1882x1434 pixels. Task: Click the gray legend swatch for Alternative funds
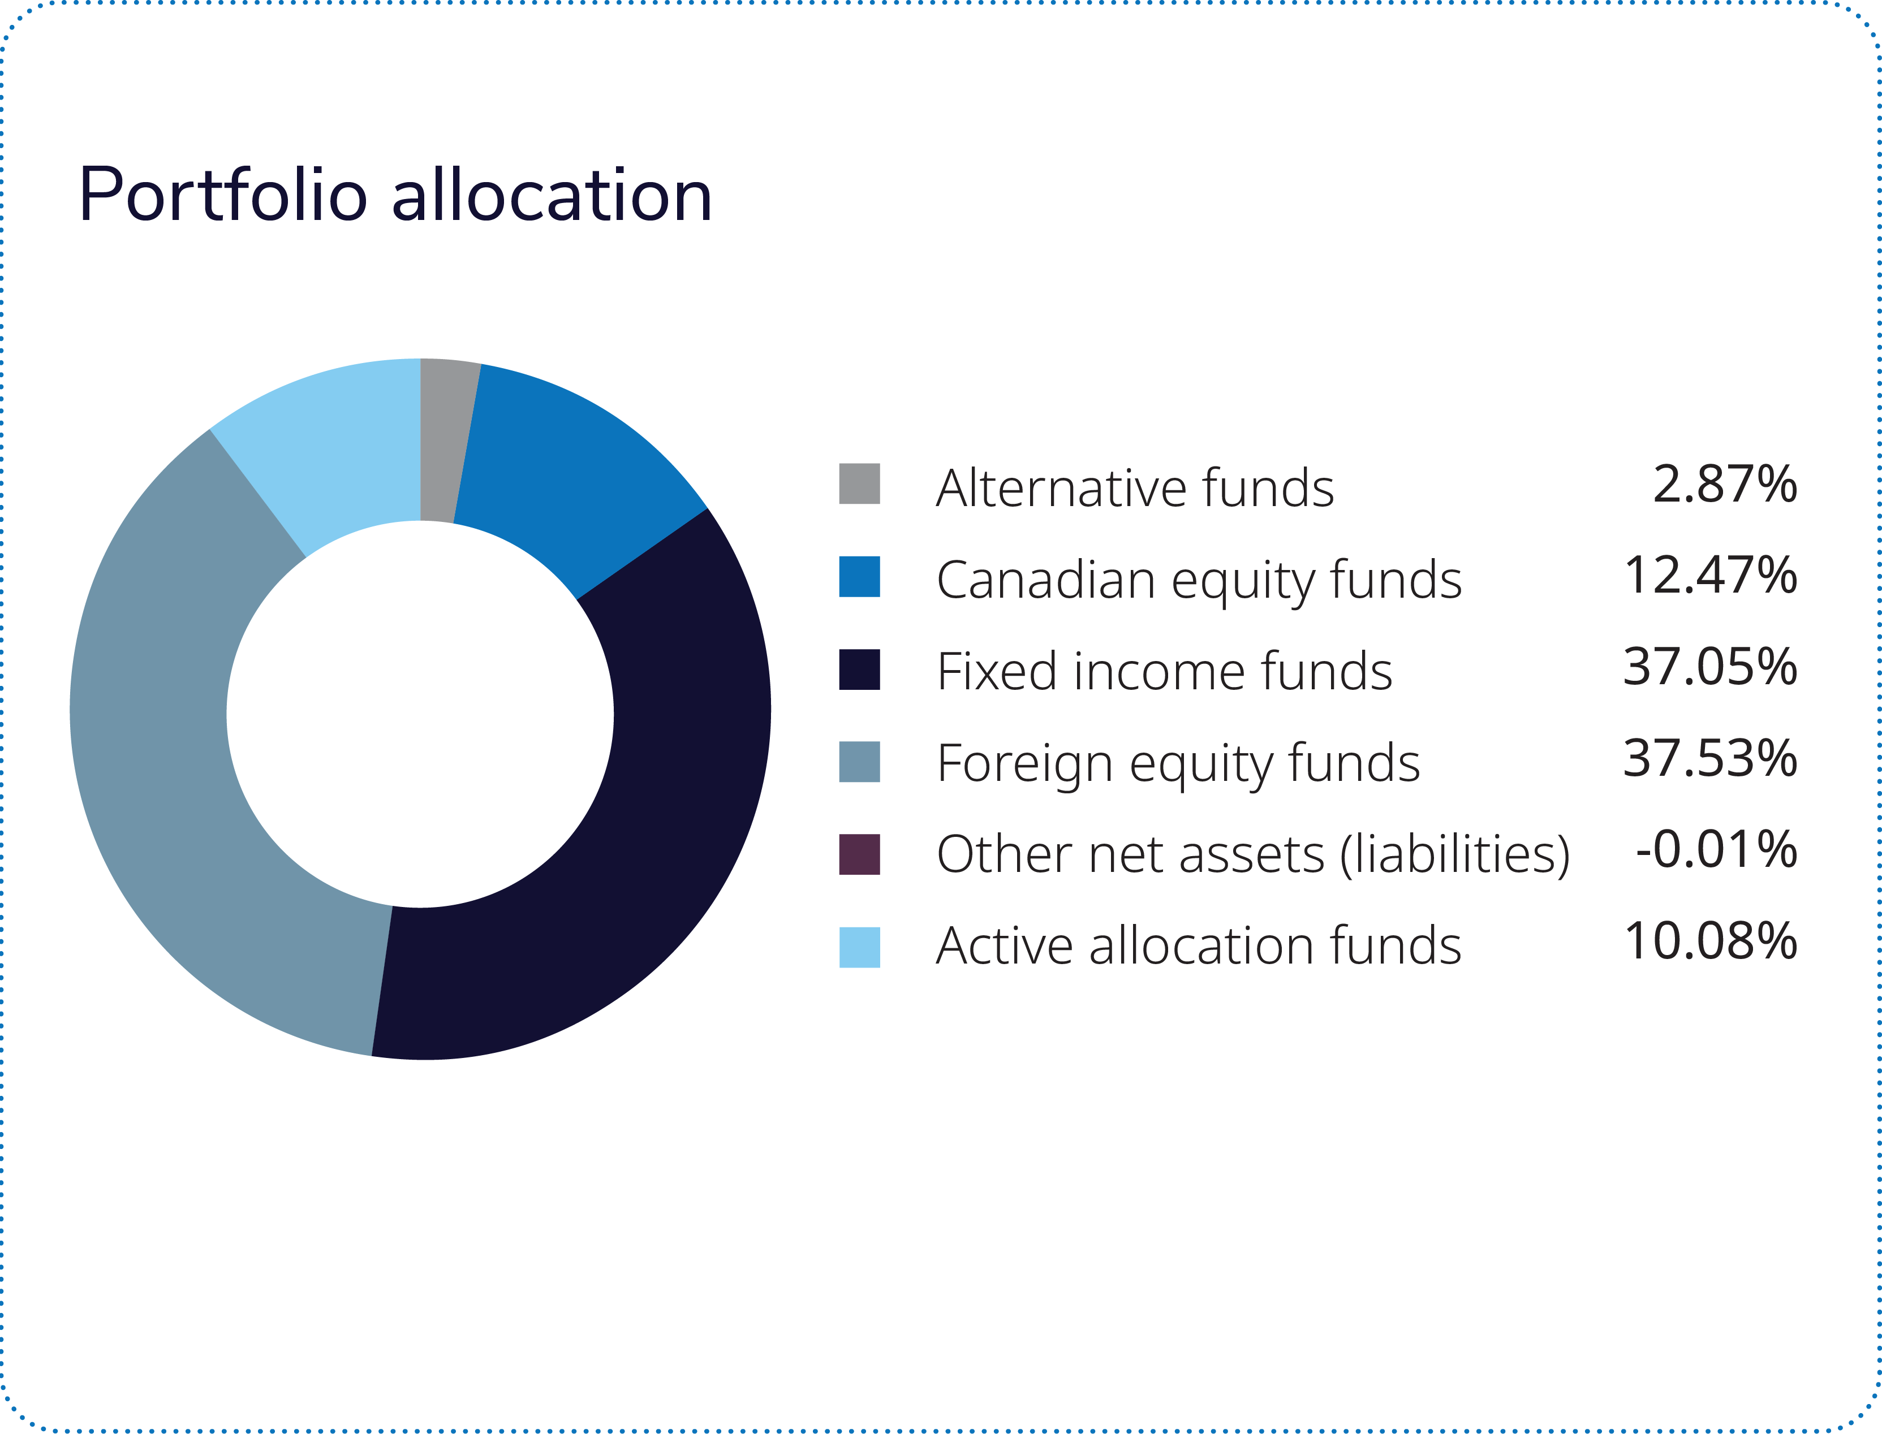point(859,484)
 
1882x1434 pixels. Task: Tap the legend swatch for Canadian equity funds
point(859,577)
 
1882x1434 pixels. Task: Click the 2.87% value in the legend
point(1725,484)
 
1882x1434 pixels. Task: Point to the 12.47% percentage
point(1711,575)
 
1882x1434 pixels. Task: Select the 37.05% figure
point(1711,667)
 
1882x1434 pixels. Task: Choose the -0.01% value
point(1716,849)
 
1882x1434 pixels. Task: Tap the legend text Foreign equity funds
point(1178,764)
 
